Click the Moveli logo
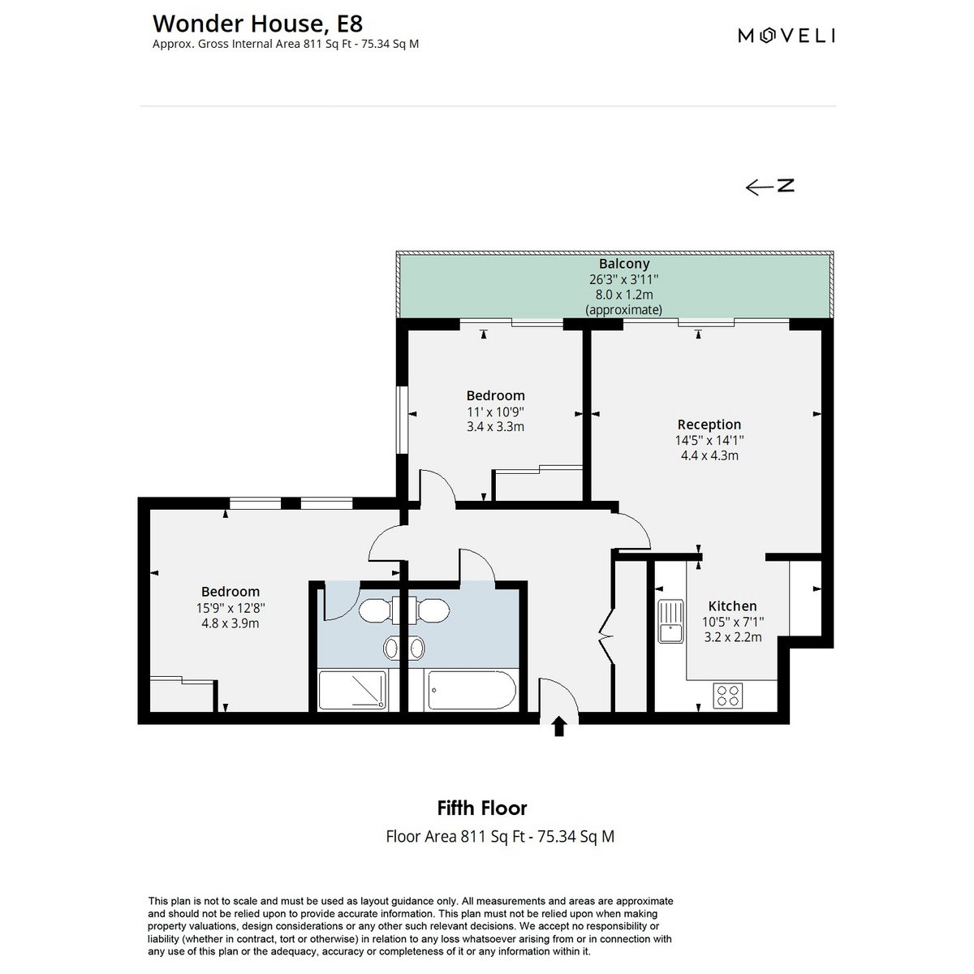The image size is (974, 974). coord(786,36)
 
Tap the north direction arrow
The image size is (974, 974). coord(769,187)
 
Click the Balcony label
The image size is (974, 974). coord(623,263)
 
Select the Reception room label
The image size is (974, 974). coord(709,424)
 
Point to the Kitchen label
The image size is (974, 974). coord(732,606)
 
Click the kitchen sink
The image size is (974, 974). coord(670,621)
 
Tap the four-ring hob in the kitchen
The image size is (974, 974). coord(728,695)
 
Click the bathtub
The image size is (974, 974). coord(472,690)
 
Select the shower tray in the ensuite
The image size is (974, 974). coord(352,690)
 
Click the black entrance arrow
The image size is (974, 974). coord(558,726)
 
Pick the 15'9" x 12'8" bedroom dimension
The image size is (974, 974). coord(231,608)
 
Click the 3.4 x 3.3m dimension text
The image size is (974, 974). coord(495,427)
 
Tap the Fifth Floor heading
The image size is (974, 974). coord(481,808)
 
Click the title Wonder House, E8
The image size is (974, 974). coord(258,24)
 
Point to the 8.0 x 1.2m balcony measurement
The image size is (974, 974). coord(624,294)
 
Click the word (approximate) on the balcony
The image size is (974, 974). coord(623,309)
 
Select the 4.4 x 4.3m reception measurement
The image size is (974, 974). coord(709,455)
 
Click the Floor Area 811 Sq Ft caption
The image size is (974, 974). coord(500,837)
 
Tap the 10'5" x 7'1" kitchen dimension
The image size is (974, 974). coord(733,622)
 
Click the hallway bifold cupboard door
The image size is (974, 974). coord(606,636)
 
